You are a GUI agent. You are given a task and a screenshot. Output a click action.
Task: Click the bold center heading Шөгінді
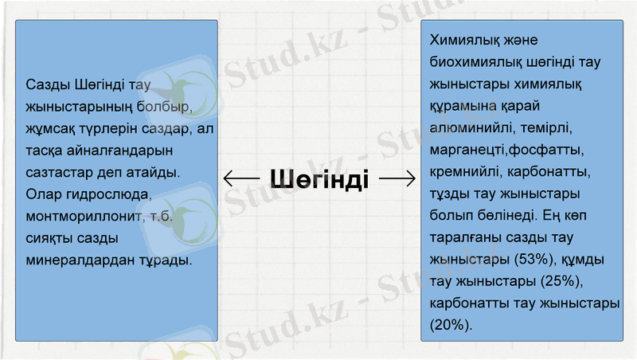point(318,178)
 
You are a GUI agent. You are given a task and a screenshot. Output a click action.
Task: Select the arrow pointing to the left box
point(243,178)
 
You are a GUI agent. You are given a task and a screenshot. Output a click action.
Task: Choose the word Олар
point(43,194)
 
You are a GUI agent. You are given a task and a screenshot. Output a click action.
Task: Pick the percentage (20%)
point(451,325)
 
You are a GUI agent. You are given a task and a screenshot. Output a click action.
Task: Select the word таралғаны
point(465,237)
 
